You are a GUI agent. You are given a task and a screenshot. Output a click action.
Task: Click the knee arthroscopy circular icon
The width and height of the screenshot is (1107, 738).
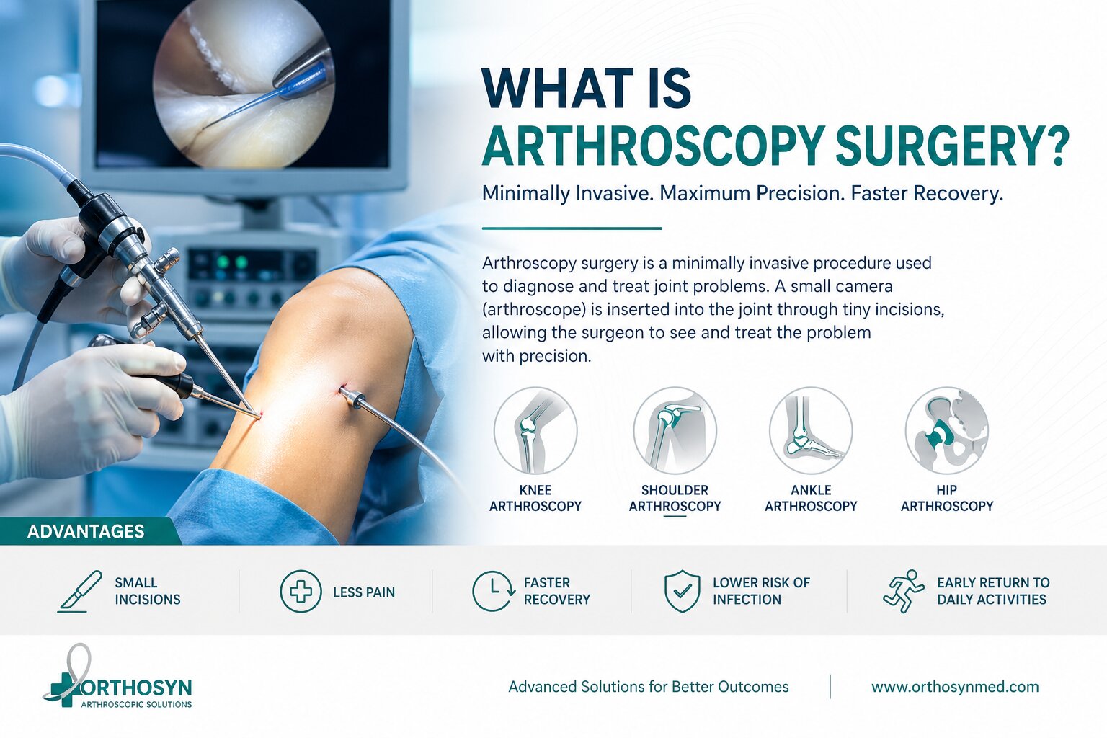[535, 430]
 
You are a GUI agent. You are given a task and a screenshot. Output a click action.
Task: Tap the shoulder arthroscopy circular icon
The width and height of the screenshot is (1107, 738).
[675, 430]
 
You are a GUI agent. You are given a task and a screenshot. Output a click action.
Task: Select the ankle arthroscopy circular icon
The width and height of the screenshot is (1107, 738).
[811, 430]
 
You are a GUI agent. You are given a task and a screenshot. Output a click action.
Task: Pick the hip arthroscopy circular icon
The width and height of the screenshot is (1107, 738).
[946, 430]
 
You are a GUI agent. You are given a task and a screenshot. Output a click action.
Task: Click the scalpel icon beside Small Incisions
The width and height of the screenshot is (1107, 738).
[79, 592]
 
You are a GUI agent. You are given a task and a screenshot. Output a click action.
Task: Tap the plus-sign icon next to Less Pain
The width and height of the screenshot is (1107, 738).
[301, 592]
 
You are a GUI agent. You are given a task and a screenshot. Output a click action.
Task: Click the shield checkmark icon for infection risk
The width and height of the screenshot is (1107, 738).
[682, 592]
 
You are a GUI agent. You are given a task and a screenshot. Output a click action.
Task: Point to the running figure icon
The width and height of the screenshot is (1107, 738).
[904, 592]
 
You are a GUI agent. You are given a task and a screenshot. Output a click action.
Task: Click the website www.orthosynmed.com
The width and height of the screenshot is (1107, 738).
[955, 687]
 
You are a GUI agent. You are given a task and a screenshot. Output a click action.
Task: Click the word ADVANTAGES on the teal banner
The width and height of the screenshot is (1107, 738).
[86, 531]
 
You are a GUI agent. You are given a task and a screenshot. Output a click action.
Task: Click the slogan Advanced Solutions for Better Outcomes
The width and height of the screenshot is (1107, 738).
[649, 687]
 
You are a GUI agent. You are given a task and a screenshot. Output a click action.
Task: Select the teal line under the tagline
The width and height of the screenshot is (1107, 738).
[572, 228]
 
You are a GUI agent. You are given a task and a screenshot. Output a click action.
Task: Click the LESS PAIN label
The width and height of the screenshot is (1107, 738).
[364, 592]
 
